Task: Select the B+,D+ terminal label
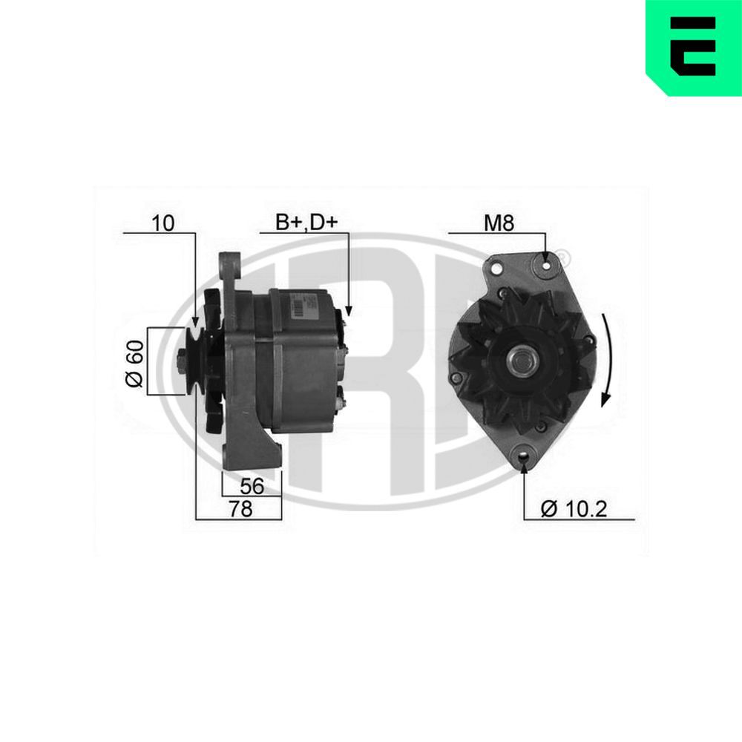[306, 222]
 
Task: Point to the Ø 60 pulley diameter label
[134, 361]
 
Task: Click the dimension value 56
[252, 486]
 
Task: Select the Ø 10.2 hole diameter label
[574, 508]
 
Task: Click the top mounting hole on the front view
[547, 264]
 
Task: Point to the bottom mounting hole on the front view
[525, 457]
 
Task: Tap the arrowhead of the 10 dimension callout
[194, 321]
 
